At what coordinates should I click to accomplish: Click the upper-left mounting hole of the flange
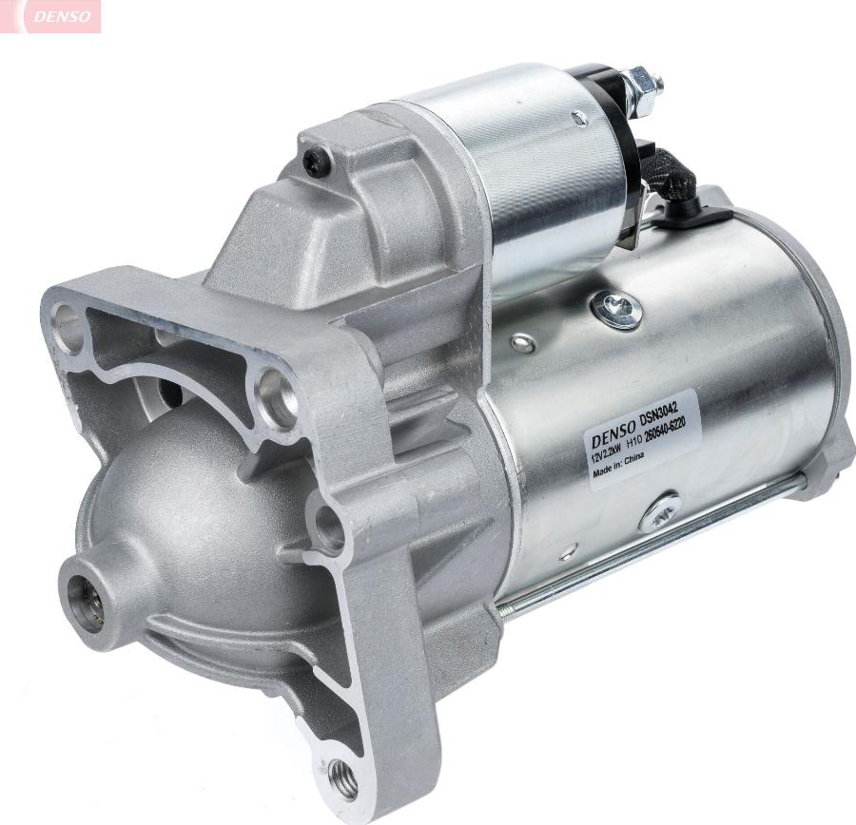[68, 323]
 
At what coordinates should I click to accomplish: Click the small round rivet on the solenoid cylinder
[577, 118]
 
